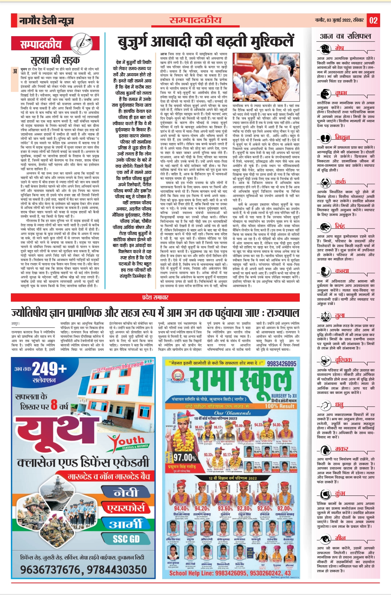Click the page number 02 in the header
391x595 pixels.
coord(373,20)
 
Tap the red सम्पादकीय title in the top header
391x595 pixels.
coord(195,20)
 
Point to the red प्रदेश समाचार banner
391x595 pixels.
coord(156,297)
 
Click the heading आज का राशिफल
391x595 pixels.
coord(345,36)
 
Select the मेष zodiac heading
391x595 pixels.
coord(339,48)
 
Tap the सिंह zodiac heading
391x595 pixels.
coord(340,226)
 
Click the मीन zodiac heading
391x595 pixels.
coord(340,537)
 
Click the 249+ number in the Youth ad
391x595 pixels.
coord(50,369)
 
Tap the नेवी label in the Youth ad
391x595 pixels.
coord(126,493)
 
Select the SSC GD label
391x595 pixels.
coord(126,539)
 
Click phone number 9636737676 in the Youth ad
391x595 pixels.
coord(51,570)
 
